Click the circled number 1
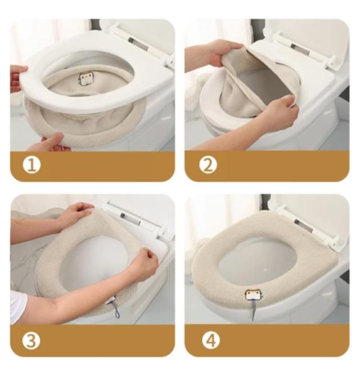click(32, 165)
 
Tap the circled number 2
click(208, 165)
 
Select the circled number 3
click(31, 340)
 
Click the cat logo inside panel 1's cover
click(84, 79)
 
